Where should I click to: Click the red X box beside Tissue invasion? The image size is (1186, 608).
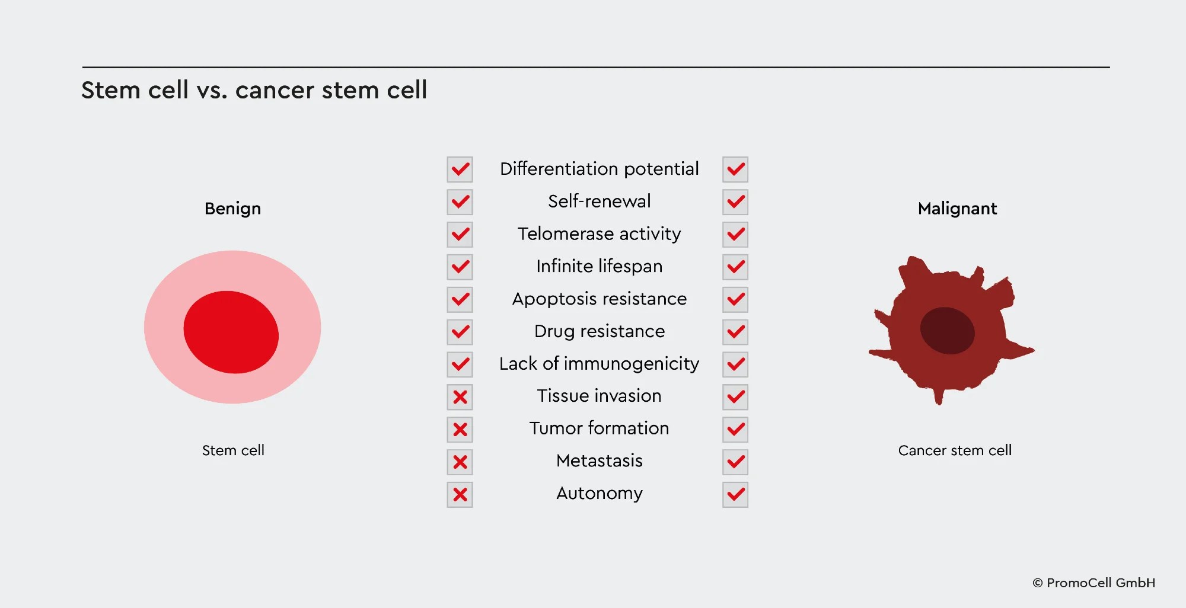460,397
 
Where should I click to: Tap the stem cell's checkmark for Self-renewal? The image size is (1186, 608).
460,202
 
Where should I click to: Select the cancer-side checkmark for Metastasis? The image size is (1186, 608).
735,462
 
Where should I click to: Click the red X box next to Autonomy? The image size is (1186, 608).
460,494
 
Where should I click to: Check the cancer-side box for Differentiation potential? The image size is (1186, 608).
735,169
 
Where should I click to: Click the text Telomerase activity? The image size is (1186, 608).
599,234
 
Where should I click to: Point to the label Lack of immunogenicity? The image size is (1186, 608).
599,364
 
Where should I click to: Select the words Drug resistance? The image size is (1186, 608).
599,331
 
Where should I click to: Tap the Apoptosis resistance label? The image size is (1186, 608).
599,299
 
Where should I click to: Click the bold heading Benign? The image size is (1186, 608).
232,209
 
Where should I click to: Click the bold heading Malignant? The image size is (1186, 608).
957,209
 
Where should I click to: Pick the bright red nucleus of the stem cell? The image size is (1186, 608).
231,332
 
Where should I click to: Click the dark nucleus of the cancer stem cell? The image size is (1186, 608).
947,330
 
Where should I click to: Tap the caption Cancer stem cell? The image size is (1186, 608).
955,450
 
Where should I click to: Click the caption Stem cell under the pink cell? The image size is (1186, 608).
233,450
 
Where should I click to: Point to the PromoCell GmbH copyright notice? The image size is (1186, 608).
1094,583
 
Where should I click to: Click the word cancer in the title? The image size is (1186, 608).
275,91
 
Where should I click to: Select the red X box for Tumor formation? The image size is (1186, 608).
460,430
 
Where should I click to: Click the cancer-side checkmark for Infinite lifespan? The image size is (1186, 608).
735,267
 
